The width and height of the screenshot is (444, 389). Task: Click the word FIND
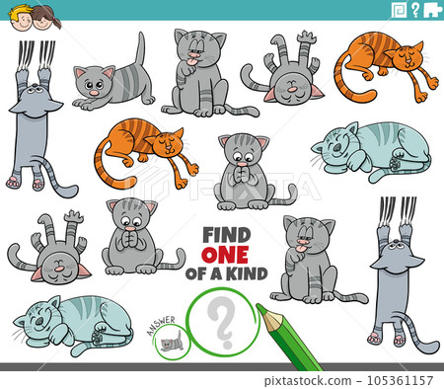225,235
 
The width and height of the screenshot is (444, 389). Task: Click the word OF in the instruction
209,273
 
